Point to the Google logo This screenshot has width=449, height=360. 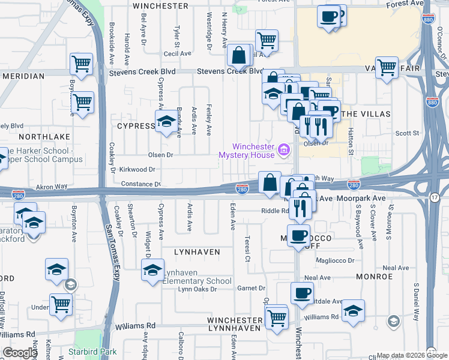(x=20, y=353)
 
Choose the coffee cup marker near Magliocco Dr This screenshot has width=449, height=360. (x=298, y=235)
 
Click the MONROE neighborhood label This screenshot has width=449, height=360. (x=374, y=277)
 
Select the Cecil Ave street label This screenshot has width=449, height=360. (x=177, y=53)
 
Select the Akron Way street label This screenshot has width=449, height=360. (x=52, y=187)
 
